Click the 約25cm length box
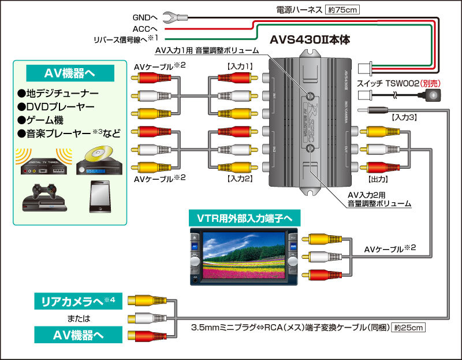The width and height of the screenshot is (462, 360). tap(409, 328)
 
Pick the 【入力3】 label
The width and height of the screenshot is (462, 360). tap(404, 117)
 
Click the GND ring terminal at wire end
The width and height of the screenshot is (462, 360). tap(171, 17)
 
